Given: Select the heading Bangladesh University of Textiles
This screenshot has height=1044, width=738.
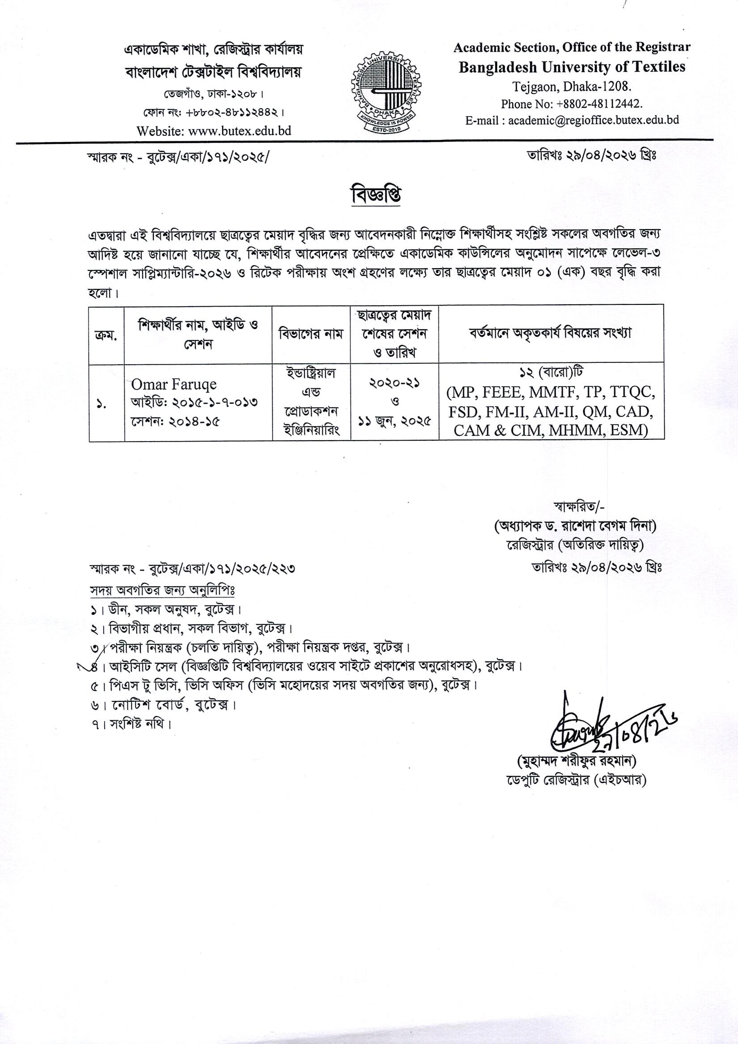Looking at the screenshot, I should [572, 67].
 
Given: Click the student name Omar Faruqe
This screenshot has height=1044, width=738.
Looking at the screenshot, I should [174, 385].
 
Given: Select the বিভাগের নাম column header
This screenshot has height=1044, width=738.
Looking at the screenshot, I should [311, 335].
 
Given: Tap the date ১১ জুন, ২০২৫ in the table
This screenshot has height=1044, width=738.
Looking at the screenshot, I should [394, 421].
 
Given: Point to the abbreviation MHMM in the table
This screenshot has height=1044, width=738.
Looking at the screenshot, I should [571, 430].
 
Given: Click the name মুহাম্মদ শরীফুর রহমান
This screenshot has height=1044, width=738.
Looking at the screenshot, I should [576, 761].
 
